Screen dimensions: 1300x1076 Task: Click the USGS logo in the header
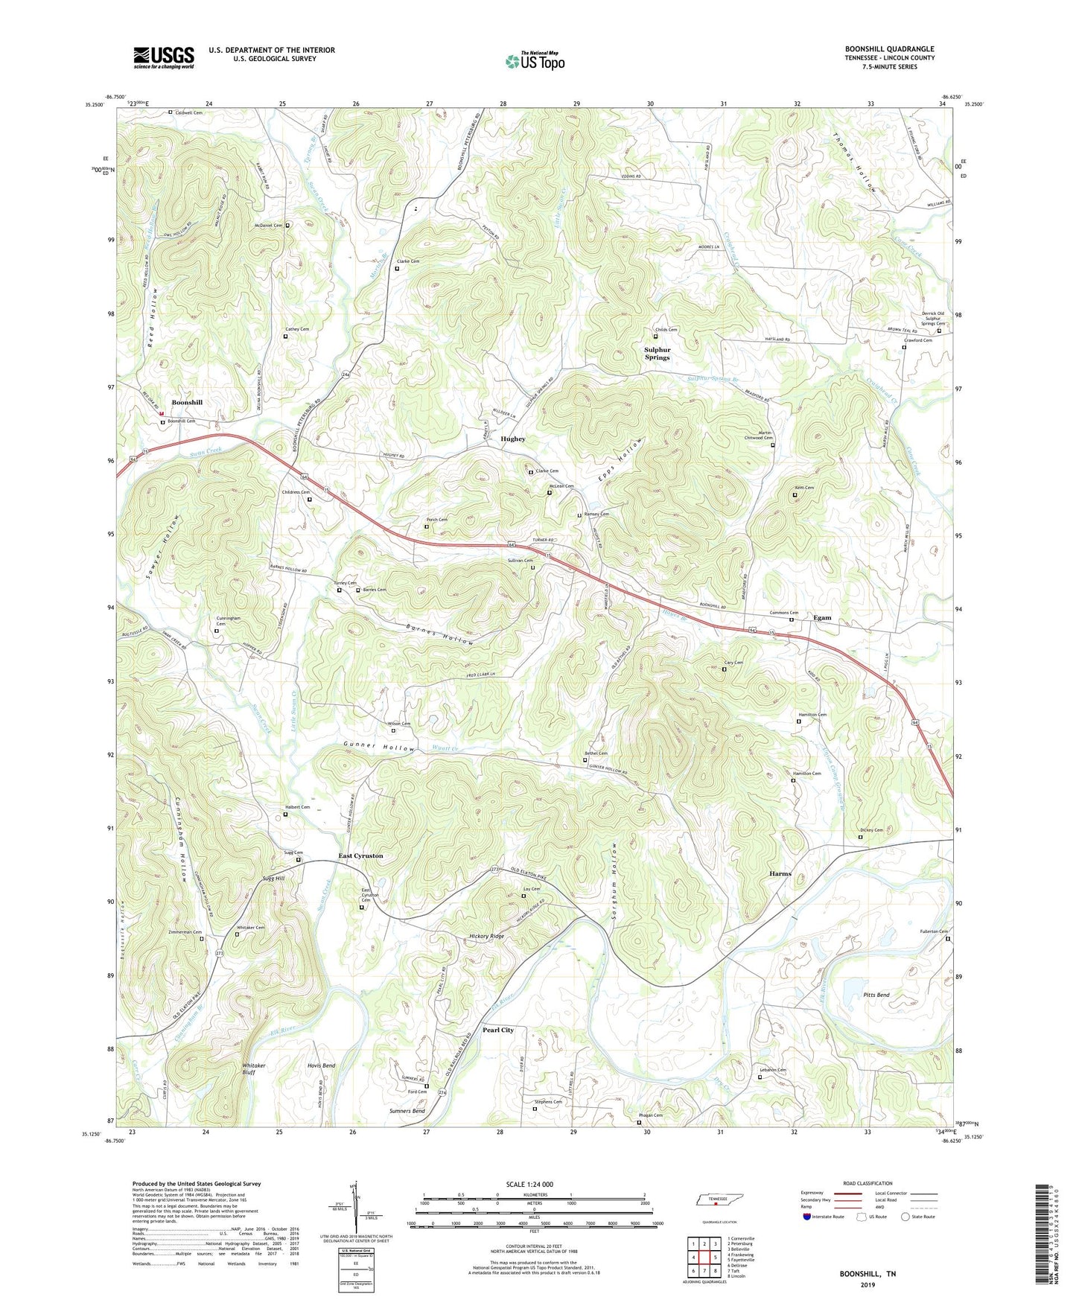click(x=163, y=57)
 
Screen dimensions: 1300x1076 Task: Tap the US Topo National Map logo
click(x=535, y=60)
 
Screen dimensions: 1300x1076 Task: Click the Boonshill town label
click(x=187, y=402)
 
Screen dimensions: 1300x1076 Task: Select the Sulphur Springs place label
click(x=657, y=354)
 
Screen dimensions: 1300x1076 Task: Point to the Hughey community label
click(x=512, y=439)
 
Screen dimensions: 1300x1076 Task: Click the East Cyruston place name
click(x=360, y=855)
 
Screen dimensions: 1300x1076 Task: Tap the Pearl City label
click(x=497, y=1030)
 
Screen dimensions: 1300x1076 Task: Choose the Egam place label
click(x=822, y=617)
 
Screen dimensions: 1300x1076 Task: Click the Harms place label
click(x=780, y=873)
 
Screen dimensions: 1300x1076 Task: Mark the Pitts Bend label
click(x=876, y=995)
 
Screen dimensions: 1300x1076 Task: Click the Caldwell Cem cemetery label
click(x=188, y=112)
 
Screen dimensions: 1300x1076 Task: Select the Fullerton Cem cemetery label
click(x=933, y=931)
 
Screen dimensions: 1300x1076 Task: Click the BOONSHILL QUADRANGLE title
click(x=889, y=49)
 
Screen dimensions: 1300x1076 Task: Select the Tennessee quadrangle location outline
click(x=716, y=1201)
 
